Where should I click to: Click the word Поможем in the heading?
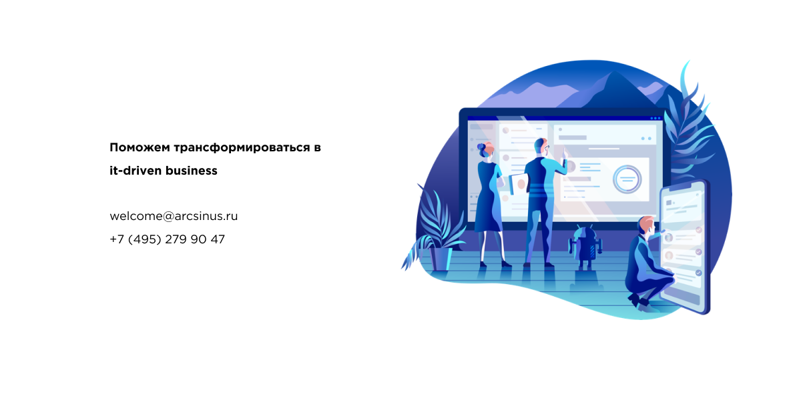(140, 147)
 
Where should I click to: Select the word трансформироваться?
(242, 148)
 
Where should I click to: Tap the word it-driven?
(136, 171)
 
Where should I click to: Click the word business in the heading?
(192, 171)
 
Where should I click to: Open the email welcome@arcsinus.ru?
(174, 216)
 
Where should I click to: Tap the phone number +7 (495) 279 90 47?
(168, 239)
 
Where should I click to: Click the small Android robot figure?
(585, 247)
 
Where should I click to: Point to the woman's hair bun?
(481, 147)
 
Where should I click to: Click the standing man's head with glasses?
(542, 147)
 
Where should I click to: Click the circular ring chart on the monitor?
(627, 179)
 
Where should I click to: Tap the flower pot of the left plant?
(441, 259)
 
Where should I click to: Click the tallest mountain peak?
(615, 73)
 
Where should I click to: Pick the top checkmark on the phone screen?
(698, 231)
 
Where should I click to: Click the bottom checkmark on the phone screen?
(698, 273)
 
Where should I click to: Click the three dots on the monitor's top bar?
(655, 118)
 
